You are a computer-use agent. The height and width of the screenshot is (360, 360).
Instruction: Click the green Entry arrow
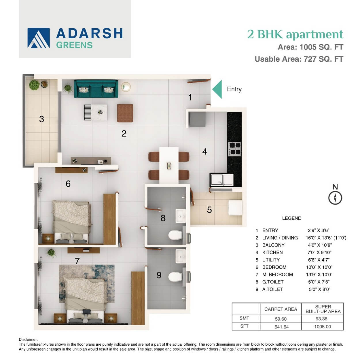217,89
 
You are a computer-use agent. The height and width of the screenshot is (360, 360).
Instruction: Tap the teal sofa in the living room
96,89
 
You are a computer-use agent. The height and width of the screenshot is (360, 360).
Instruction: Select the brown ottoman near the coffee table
125,113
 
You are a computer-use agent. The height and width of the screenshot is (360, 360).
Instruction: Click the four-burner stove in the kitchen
234,149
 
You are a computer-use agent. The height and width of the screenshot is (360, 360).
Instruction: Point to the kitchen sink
222,180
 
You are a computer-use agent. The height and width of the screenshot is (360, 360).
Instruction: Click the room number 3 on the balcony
41,119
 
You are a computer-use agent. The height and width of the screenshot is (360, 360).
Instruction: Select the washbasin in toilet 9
181,257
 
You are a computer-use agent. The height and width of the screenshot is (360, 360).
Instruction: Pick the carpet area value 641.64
281,327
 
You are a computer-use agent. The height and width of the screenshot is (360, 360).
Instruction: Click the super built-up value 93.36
321,319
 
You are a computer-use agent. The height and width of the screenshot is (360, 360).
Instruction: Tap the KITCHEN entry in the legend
272,253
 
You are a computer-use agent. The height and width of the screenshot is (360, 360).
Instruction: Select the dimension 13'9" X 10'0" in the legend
319,275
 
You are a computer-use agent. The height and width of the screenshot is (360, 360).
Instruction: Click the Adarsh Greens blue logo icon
39,38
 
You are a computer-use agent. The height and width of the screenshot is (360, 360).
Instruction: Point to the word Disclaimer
28,340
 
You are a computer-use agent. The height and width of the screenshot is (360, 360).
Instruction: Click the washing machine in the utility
236,208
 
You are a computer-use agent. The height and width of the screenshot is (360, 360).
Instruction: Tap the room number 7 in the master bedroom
77,261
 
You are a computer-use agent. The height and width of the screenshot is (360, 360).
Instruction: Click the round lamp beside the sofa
126,87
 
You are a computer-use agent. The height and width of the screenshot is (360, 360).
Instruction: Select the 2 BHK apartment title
295,34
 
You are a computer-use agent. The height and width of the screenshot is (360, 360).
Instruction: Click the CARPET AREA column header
281,309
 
